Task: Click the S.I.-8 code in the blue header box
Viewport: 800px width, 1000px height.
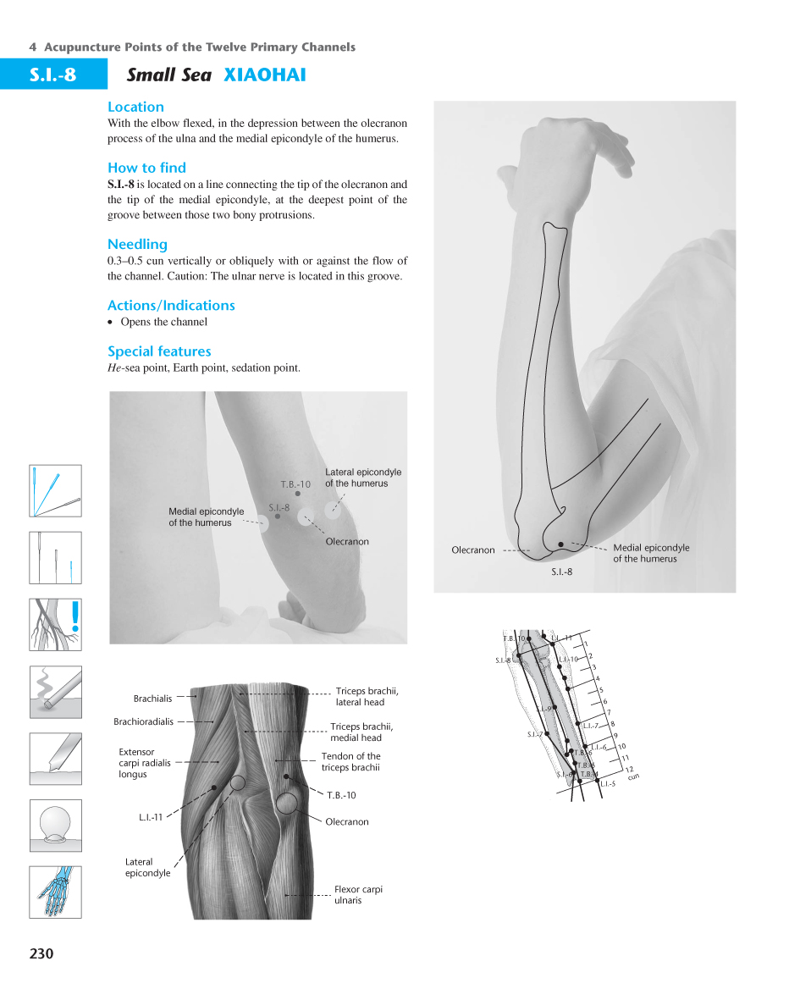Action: point(53,75)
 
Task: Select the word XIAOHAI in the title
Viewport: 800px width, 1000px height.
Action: point(264,75)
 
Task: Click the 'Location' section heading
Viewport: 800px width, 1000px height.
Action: point(135,107)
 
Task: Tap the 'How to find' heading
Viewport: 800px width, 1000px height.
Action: point(146,168)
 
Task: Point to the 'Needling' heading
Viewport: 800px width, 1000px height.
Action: point(137,245)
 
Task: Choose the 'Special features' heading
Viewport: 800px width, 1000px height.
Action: point(159,351)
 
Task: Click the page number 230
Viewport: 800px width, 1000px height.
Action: point(41,953)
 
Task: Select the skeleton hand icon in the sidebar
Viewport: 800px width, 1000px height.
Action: point(56,892)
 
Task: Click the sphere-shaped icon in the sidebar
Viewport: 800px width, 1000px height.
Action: point(56,825)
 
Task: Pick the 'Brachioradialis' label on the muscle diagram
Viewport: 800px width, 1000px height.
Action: point(143,721)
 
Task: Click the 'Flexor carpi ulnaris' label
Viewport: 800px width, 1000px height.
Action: point(358,895)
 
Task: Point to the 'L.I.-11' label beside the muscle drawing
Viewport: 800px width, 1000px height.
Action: point(152,817)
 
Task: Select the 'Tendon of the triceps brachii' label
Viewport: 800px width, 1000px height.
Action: point(350,762)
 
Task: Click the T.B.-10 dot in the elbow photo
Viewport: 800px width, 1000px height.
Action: point(298,494)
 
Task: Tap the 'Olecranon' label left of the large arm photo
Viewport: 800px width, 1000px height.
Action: point(472,550)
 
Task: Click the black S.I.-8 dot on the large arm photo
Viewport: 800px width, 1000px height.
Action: point(560,544)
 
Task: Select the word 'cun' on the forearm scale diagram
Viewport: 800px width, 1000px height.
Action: point(633,776)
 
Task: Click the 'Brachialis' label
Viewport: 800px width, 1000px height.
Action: point(152,699)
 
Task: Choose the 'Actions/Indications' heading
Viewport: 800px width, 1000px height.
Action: point(171,306)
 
